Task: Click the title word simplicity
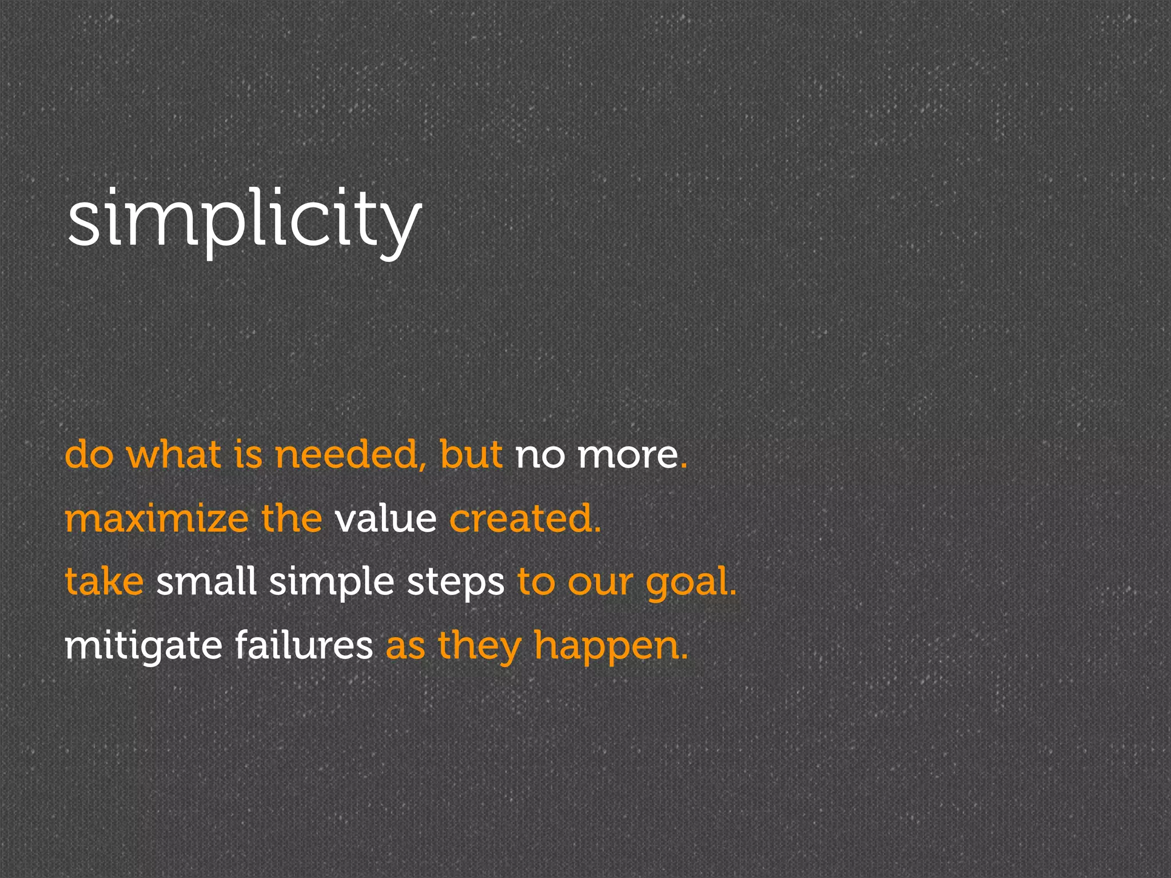coord(244,220)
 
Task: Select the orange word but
coord(471,455)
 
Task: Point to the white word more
coord(628,455)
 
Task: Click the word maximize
coord(156,519)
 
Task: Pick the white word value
coord(385,519)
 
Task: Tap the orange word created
coord(521,519)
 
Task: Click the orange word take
coord(104,582)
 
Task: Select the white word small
coord(206,582)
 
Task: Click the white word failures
coord(304,646)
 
